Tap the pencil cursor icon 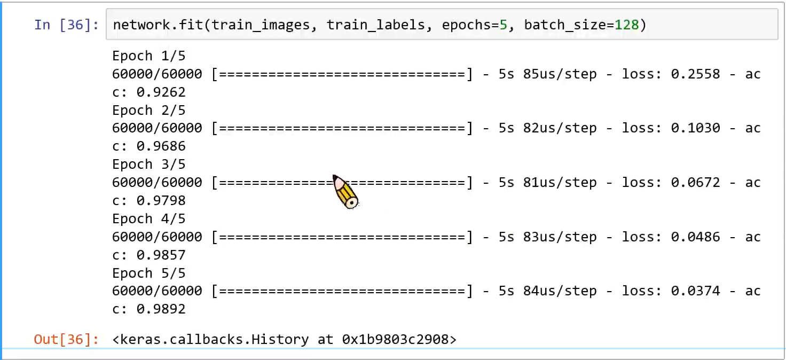(x=345, y=191)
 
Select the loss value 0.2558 (x=695, y=74)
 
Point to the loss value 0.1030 (x=695, y=128)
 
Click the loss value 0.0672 (x=695, y=183)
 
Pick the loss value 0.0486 (x=695, y=237)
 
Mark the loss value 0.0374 (x=695, y=291)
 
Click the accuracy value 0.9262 (x=161, y=92)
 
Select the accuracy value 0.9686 (x=161, y=146)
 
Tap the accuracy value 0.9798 (x=161, y=201)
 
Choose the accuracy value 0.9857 (x=161, y=255)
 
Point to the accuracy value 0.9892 (x=161, y=309)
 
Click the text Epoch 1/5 (x=148, y=56)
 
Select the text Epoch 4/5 (x=148, y=219)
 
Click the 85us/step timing (x=560, y=74)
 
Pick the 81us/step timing (x=560, y=183)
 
